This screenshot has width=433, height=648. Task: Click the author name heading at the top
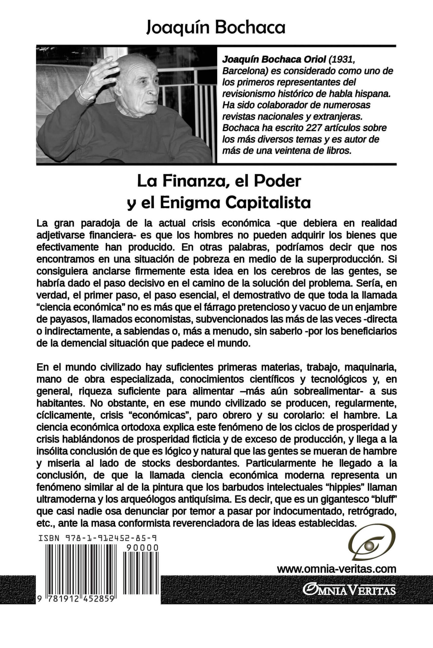pyautogui.click(x=216, y=28)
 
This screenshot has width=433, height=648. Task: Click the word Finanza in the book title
pyautogui.click(x=192, y=181)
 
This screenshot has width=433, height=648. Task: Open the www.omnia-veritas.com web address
pyautogui.click(x=336, y=569)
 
